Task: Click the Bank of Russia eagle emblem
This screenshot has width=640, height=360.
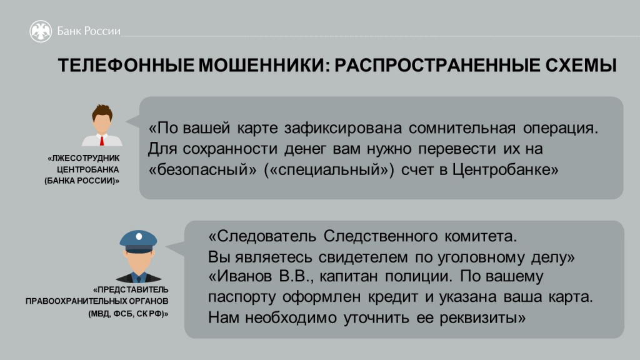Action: click(41, 31)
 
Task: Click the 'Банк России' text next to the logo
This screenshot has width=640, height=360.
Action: click(89, 31)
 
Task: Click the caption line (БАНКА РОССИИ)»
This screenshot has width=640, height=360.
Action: click(81, 181)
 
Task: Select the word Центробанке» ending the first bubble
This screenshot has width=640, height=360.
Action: click(504, 171)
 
